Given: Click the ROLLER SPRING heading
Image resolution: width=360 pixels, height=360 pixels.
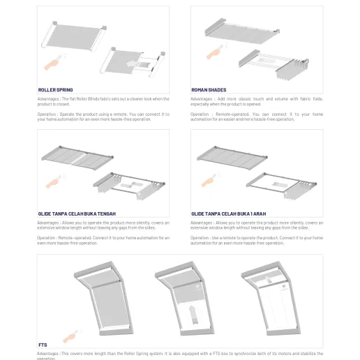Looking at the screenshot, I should point(55,90).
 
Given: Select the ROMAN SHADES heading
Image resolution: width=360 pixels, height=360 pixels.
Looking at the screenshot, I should point(209,90).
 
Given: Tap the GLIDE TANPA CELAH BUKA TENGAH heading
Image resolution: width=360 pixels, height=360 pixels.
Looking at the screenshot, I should point(77,213).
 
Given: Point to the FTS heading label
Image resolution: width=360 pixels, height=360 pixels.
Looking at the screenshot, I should point(43,345).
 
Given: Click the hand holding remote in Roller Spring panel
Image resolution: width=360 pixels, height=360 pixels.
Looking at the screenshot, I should point(51,63).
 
